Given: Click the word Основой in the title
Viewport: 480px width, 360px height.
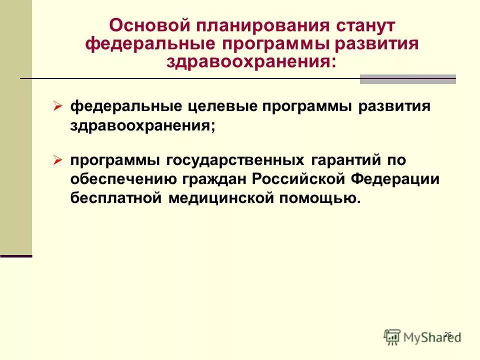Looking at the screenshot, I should tap(146, 25).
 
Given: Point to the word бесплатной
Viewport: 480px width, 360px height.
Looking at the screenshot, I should tap(115, 198).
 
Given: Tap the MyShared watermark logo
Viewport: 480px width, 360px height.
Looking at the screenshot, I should tap(422, 337).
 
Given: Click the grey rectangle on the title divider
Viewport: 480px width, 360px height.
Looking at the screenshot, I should tap(407, 79).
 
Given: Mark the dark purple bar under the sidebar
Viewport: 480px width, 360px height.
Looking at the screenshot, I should tap(16, 256).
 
